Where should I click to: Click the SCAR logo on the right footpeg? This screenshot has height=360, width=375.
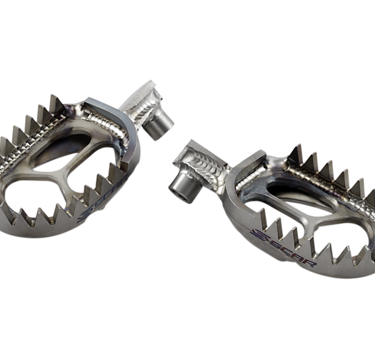pyautogui.click(x=283, y=248)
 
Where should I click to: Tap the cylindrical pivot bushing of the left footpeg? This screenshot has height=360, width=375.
pyautogui.click(x=158, y=126)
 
